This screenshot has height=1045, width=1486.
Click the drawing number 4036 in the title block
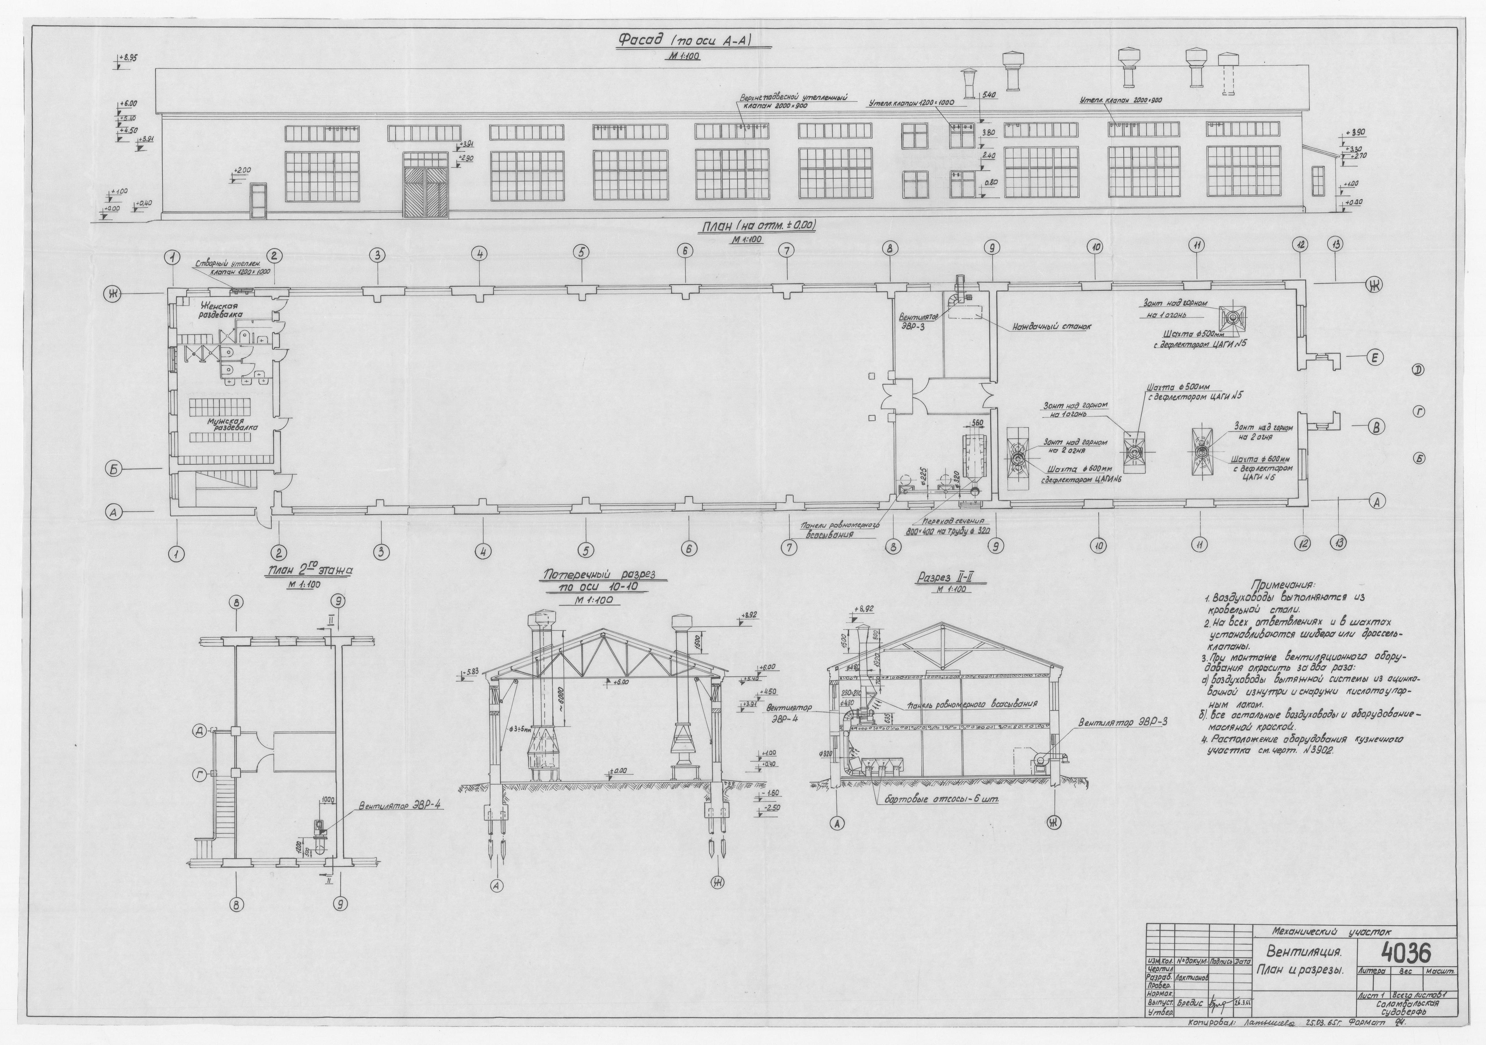tap(1406, 952)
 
